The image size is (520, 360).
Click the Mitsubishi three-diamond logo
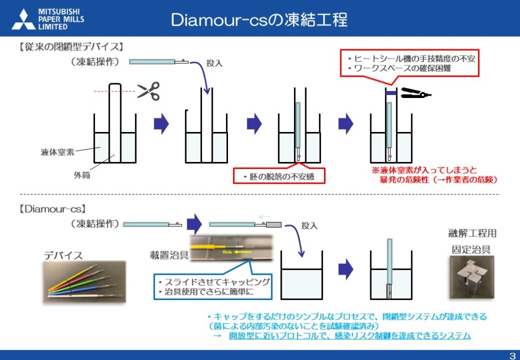coord(23,20)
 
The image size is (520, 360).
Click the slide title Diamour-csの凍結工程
coord(259,20)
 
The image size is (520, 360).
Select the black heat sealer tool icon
coord(416,93)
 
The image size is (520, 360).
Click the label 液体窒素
coord(57,152)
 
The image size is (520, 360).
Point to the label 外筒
coord(82,175)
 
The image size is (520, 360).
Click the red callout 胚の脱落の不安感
coord(279,176)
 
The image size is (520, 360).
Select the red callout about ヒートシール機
coord(410,63)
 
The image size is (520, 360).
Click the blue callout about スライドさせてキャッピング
coord(213,286)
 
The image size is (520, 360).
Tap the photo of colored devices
coord(85,281)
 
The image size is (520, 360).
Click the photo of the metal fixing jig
coord(472,277)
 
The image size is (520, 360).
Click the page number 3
coord(512,356)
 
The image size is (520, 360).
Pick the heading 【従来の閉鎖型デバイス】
coord(71,47)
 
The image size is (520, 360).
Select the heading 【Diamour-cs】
coord(52,209)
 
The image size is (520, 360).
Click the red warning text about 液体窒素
coord(435,175)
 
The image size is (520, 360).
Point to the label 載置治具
coord(169,255)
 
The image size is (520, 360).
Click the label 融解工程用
coord(472,234)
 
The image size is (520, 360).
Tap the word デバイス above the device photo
coord(63,255)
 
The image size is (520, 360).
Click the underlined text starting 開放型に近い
coord(349,336)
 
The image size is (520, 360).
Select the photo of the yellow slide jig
coord(231,248)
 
